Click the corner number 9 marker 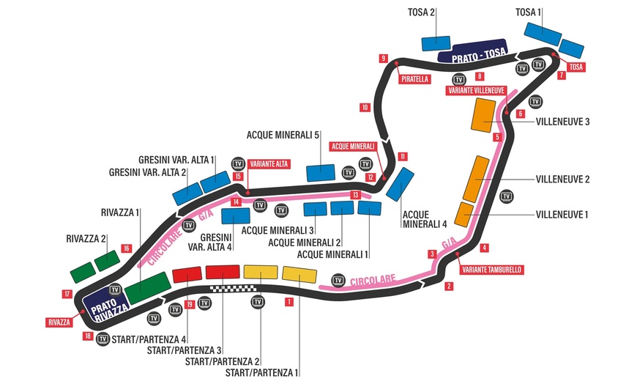click(x=383, y=58)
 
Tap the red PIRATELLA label click(x=414, y=79)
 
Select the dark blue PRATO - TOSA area click(x=472, y=51)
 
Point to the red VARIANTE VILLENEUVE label click(x=476, y=90)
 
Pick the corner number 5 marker click(x=497, y=137)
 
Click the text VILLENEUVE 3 click(x=563, y=122)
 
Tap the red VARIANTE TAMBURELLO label click(x=491, y=269)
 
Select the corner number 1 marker click(x=290, y=301)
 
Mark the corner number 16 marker click(x=127, y=248)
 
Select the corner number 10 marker click(x=365, y=108)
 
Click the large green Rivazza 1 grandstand click(x=147, y=287)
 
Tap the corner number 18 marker click(x=88, y=336)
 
